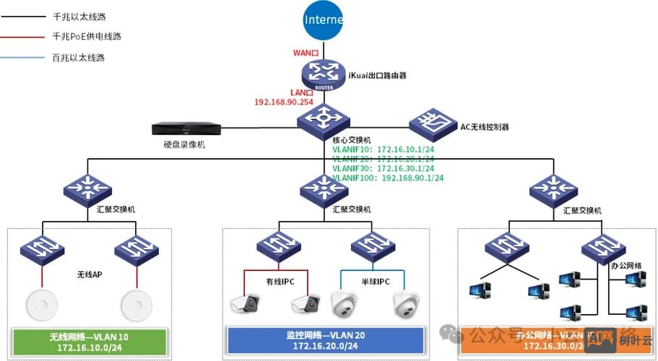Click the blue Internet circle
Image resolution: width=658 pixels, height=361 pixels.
click(x=323, y=21)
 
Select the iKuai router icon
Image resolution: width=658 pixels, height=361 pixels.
click(x=323, y=73)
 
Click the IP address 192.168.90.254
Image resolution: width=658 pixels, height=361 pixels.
click(x=284, y=103)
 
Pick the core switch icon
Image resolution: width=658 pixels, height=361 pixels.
click(x=323, y=117)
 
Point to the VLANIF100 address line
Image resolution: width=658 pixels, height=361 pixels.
click(x=388, y=178)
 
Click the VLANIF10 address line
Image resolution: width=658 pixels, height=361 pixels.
click(x=383, y=149)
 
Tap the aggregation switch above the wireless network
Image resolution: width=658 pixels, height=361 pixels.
click(x=87, y=188)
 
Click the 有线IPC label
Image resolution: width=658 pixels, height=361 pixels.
click(x=280, y=282)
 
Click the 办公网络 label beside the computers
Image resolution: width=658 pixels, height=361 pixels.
click(x=626, y=266)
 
